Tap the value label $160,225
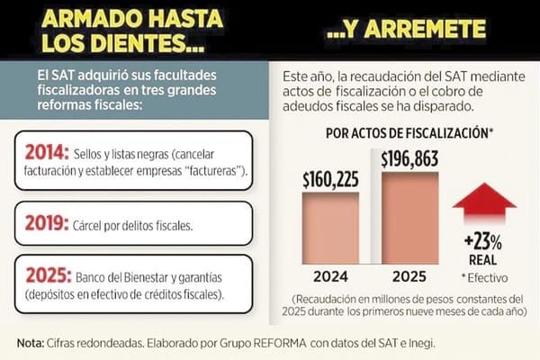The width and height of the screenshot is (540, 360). pos(329,176)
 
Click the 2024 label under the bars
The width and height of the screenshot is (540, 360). pos(329,276)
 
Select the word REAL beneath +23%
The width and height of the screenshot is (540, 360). pos(483,261)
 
